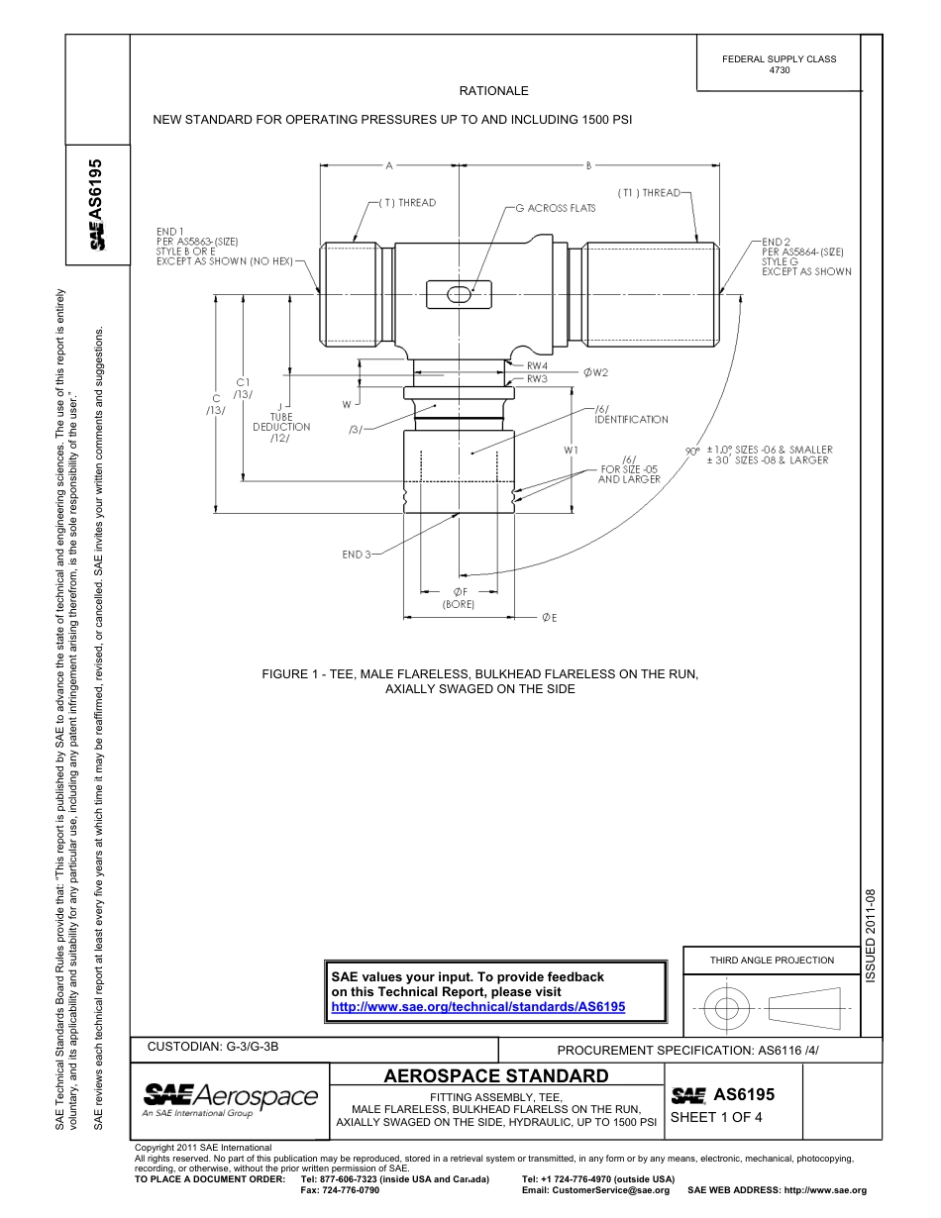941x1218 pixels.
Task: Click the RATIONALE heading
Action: tap(493, 91)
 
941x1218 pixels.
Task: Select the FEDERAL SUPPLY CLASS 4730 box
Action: tap(779, 64)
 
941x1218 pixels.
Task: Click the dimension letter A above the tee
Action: tap(389, 165)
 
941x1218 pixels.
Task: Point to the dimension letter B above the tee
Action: tap(588, 165)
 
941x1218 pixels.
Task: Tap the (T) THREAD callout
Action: tap(406, 203)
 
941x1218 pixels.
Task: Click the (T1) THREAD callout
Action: tap(649, 193)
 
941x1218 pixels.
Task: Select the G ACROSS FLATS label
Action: tap(555, 208)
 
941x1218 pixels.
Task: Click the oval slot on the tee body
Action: tap(459, 294)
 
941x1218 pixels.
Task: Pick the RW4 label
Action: tap(537, 365)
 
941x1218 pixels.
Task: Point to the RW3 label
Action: tap(537, 378)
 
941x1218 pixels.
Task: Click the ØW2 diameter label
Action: tap(594, 372)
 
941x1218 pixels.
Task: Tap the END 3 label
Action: tap(354, 555)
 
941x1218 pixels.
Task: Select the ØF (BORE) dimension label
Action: tap(459, 598)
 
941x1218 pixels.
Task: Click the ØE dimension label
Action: tap(548, 618)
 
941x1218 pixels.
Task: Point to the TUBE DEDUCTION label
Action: tap(281, 422)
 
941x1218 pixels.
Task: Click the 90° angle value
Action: tap(692, 451)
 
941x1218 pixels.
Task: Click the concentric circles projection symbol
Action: tap(727, 1008)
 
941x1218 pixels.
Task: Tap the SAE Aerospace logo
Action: tap(230, 1098)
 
